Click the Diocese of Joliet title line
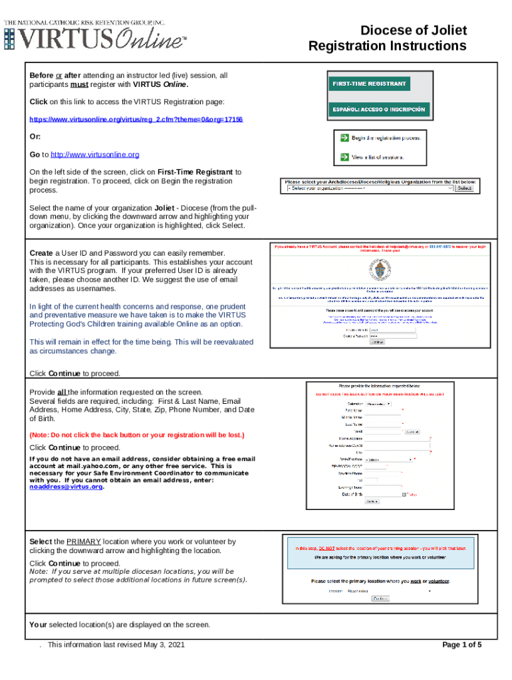pyautogui.click(x=413, y=31)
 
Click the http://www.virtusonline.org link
pyautogui.click(x=95, y=154)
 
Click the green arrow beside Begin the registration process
pyautogui.click(x=344, y=138)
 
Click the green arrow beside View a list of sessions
pyautogui.click(x=344, y=157)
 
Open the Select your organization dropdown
pyautogui.click(x=370, y=189)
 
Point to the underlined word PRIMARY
pyautogui.click(x=84, y=542)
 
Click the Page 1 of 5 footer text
pyautogui.click(x=462, y=645)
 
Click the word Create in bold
pyautogui.click(x=41, y=253)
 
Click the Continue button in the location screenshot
pyautogui.click(x=380, y=598)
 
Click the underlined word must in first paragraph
pyautogui.click(x=80, y=85)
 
